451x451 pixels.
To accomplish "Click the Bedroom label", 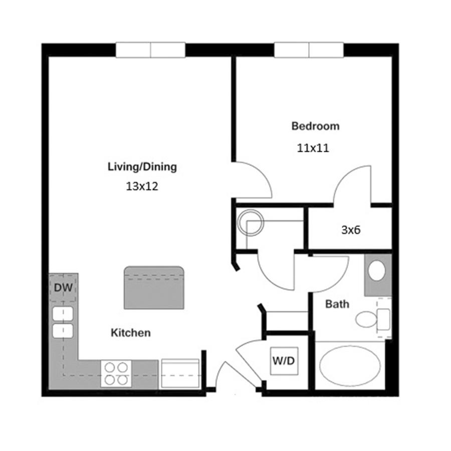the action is point(315,126).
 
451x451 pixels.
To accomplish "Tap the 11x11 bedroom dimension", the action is point(313,148).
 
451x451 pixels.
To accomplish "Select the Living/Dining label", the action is point(142,167).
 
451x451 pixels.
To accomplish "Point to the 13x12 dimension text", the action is point(142,186).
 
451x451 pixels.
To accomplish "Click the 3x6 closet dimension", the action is point(351,230).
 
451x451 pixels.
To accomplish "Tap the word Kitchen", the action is point(131,333).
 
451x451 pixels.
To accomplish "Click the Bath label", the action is point(337,304).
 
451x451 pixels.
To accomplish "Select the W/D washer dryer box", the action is point(284,361).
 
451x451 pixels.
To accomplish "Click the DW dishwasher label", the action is point(63,288).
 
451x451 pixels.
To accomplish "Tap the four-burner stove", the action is point(116,374).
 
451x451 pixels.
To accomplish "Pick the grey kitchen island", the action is point(154,288).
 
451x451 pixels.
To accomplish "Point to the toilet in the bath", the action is point(373,319).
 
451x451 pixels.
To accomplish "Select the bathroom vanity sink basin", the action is point(377,271).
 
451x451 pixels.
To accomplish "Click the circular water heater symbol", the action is point(250,222).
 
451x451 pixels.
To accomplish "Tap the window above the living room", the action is point(150,50).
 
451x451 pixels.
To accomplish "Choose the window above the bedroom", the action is point(309,50).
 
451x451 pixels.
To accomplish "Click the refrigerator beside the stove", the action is point(180,373).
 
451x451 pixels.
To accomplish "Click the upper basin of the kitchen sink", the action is point(63,314).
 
